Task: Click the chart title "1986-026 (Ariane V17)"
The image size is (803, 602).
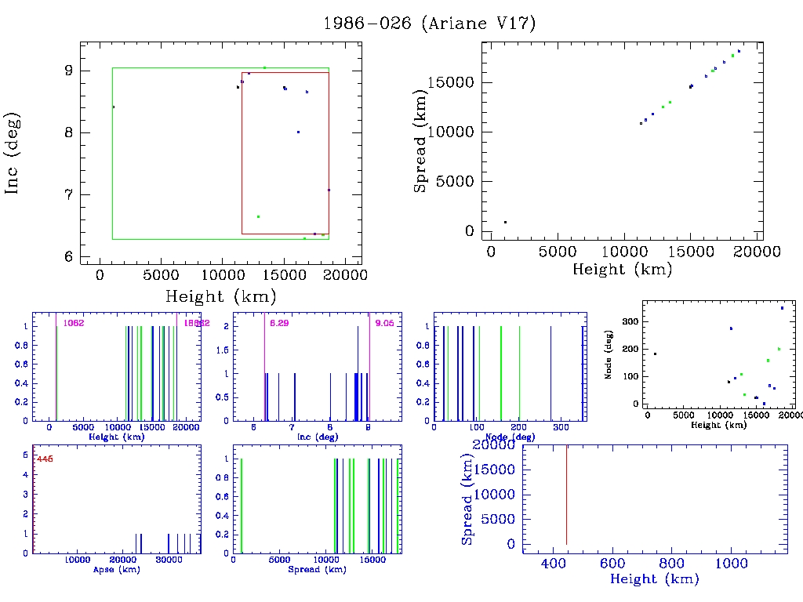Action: pyautogui.click(x=430, y=24)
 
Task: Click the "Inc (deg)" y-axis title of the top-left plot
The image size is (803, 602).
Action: pyautogui.click(x=13, y=153)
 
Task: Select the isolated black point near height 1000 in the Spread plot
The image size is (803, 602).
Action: pyautogui.click(x=505, y=222)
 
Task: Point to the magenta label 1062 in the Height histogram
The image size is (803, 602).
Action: pyautogui.click(x=74, y=323)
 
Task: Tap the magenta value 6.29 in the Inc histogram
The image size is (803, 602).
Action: pyautogui.click(x=279, y=323)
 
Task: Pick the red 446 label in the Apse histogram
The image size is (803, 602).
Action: pyautogui.click(x=45, y=459)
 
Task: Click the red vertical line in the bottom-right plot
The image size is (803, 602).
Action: pyautogui.click(x=566, y=494)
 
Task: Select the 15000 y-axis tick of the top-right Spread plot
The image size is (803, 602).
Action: pyautogui.click(x=453, y=83)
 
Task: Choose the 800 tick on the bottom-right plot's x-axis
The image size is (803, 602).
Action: pyautogui.click(x=671, y=563)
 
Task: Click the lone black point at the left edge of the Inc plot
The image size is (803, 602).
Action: pyautogui.click(x=114, y=107)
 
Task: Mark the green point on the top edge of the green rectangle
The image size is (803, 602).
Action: pyautogui.click(x=264, y=67)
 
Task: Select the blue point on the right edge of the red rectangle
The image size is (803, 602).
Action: pyautogui.click(x=329, y=190)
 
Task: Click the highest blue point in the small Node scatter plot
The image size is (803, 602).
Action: pyautogui.click(x=782, y=308)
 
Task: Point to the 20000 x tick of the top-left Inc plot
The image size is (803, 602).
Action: pyautogui.click(x=347, y=275)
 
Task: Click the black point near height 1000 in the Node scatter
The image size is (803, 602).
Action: pyautogui.click(x=655, y=354)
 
